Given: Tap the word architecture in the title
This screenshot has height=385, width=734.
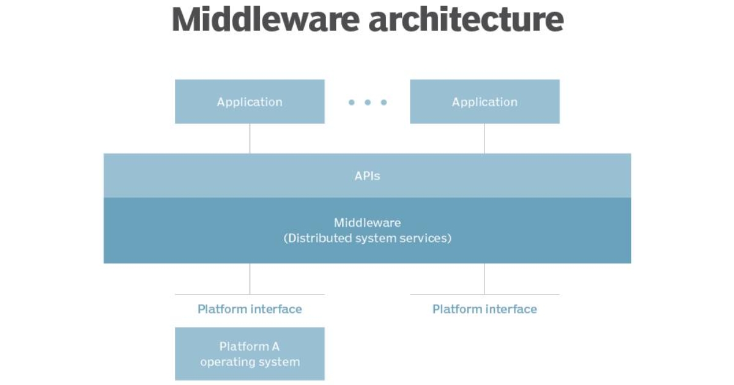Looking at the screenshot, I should (x=466, y=20).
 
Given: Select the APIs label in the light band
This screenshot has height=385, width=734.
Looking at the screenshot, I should (x=367, y=176).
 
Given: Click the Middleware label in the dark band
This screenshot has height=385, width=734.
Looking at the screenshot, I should (x=367, y=223).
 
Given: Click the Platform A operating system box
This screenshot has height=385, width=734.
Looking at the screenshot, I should (x=250, y=354).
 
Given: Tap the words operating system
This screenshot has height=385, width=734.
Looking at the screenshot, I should (x=250, y=362).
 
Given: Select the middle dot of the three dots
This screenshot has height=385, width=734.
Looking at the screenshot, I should (x=368, y=102).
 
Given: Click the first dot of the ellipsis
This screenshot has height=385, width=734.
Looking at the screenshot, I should (x=352, y=102).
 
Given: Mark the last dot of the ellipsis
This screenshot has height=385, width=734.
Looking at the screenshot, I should (x=384, y=102).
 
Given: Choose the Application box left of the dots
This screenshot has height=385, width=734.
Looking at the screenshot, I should (x=250, y=101).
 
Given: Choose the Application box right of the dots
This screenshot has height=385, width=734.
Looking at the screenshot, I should (x=484, y=101).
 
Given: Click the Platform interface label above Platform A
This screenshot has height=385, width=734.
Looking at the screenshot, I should (x=250, y=309).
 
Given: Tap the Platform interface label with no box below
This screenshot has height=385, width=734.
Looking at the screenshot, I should (x=484, y=309).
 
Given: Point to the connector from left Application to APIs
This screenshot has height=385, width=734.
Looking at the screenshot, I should (x=250, y=139).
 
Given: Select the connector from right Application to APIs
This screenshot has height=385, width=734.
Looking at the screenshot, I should (x=484, y=139).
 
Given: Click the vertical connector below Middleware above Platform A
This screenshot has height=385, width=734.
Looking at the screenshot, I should (x=250, y=279).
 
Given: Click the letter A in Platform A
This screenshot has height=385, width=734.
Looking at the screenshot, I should (x=275, y=346).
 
